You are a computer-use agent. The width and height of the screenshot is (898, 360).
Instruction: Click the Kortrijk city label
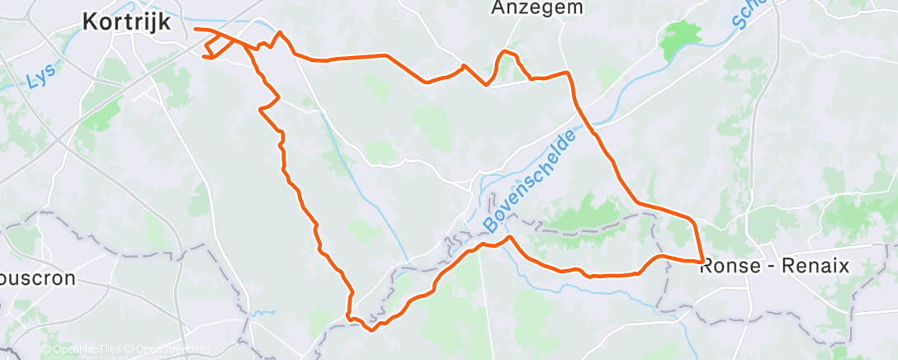click(x=127, y=22)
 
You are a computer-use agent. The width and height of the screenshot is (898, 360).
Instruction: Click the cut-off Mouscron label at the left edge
click(x=37, y=279)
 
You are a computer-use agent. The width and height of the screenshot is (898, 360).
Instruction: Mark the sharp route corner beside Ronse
click(x=702, y=262)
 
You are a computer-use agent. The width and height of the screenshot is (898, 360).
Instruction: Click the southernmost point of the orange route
click(x=372, y=329)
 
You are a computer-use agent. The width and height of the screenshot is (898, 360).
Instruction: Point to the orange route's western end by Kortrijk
click(x=196, y=30)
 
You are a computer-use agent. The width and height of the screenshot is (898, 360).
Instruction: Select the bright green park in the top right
click(x=680, y=36)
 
